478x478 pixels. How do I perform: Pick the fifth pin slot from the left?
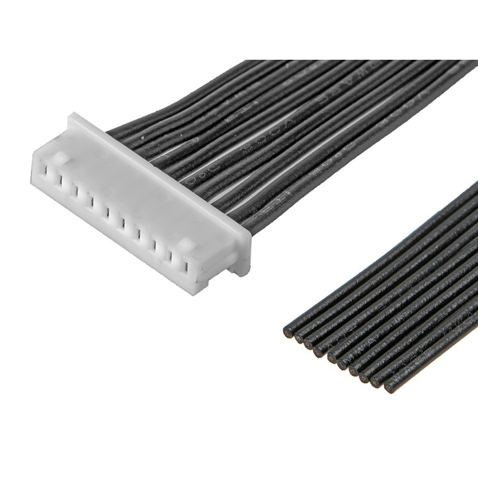[x=106, y=212]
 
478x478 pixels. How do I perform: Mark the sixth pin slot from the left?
[x=121, y=222]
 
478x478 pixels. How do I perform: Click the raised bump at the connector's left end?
[x=60, y=158]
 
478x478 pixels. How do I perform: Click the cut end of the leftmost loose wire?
[x=289, y=331]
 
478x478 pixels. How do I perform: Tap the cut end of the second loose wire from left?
[x=299, y=338]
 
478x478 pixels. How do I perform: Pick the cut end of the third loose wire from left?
[x=308, y=345]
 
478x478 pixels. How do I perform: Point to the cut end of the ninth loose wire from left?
[x=375, y=382]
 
